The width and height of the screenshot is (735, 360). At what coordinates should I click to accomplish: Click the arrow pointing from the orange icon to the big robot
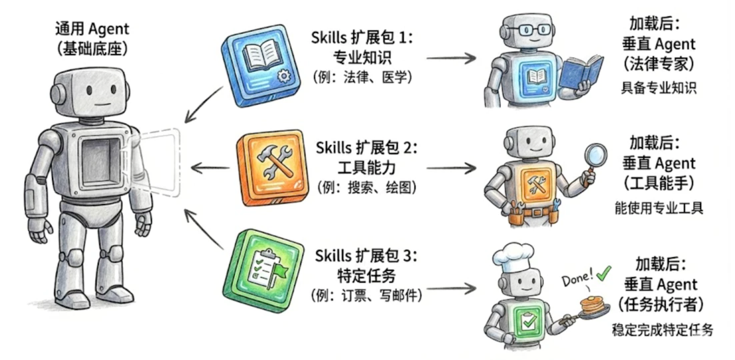210,168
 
